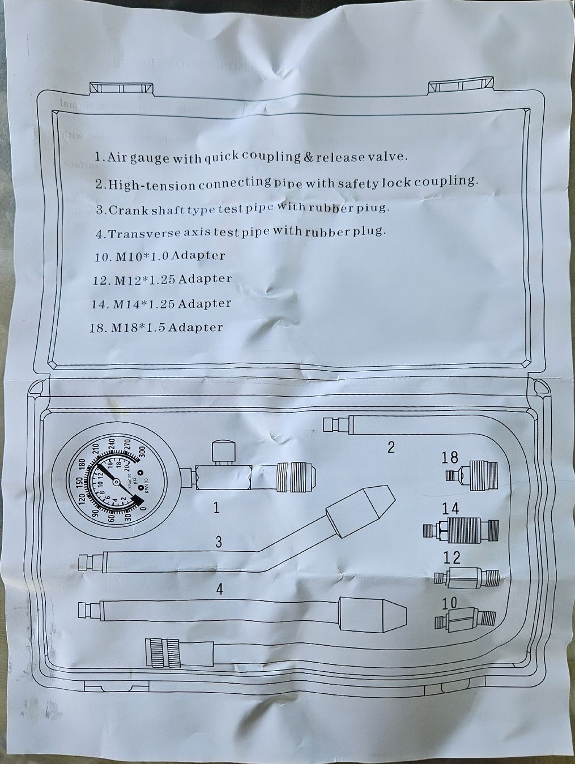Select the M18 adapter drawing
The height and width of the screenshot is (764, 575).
(x=471, y=473)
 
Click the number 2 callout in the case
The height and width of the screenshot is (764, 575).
(x=390, y=448)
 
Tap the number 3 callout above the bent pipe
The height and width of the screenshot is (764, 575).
(x=218, y=543)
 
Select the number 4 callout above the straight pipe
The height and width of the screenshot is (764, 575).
(x=219, y=590)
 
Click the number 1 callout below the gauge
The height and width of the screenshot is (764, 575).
(x=216, y=508)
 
